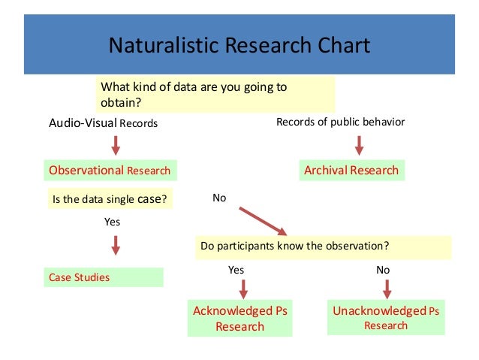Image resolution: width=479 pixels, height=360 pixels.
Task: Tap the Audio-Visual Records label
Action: point(104,123)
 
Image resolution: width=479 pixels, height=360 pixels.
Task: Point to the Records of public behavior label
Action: point(340,122)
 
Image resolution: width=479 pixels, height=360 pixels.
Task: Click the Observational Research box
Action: point(110,171)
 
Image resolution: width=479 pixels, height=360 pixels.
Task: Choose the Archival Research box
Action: point(351,170)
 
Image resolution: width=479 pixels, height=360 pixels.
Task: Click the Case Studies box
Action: point(104,277)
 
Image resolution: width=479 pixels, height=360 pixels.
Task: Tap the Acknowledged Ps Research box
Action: point(240,319)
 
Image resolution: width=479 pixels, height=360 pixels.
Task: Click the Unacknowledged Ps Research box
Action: point(386,318)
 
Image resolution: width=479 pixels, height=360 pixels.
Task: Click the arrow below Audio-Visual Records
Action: point(116,145)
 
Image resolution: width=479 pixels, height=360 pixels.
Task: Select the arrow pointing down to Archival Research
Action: point(359,145)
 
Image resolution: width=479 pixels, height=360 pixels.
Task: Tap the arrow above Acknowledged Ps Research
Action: point(242,289)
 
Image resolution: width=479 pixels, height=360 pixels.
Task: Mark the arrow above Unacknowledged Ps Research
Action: point(387,289)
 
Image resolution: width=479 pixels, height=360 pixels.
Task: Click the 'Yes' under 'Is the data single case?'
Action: point(111,222)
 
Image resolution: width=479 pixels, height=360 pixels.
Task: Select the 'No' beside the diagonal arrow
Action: point(219,198)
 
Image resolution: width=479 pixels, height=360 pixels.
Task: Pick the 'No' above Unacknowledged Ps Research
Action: point(383,269)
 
